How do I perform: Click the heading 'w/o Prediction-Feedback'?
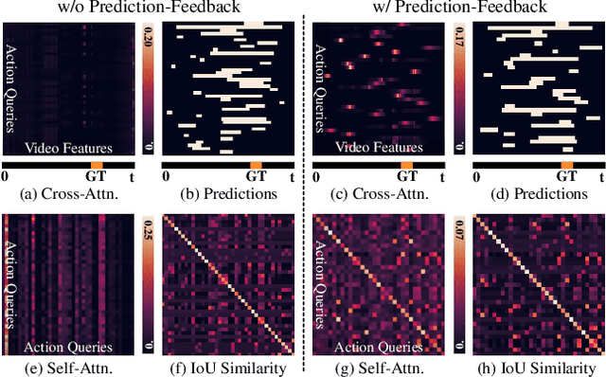point(151,9)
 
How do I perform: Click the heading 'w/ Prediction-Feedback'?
point(454,9)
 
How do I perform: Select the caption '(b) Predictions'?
point(226,194)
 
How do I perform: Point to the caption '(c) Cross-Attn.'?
point(375,194)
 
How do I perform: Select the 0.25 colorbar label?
point(147,231)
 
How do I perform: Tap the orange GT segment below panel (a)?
point(96,165)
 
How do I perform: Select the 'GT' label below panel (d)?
point(565,176)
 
